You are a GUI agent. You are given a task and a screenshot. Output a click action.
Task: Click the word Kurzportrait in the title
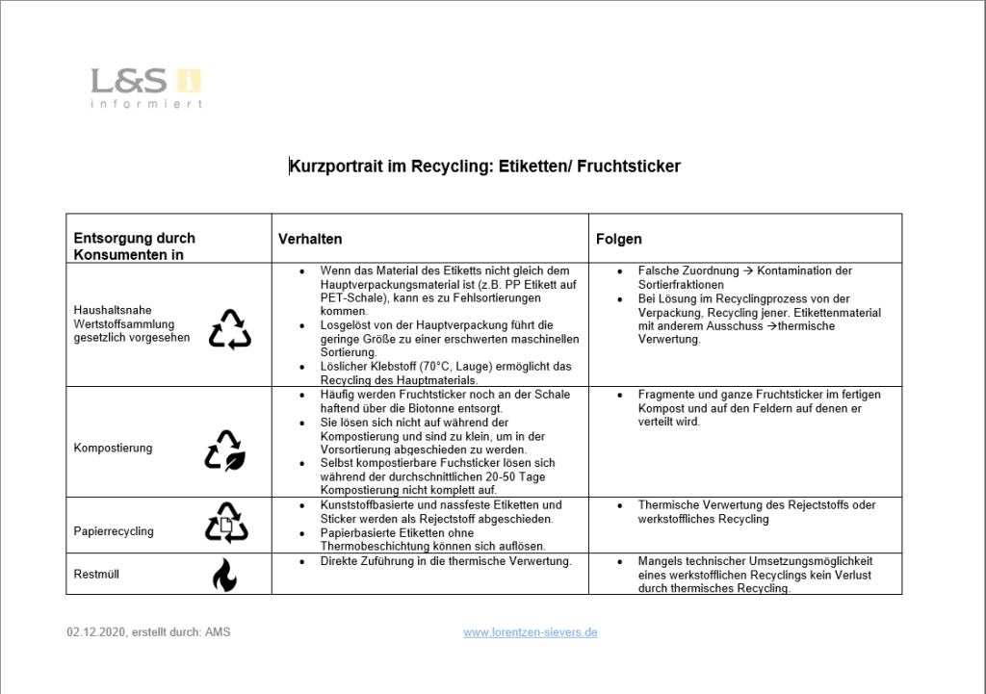(x=335, y=167)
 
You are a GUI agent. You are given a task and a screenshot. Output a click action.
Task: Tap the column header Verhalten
(x=310, y=239)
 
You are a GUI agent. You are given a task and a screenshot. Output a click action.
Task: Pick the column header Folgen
(x=618, y=239)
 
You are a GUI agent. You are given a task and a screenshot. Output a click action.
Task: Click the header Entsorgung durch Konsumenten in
(x=135, y=246)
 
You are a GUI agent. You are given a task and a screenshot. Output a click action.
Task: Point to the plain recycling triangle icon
(x=229, y=329)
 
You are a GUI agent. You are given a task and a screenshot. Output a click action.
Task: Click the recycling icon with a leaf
(x=225, y=450)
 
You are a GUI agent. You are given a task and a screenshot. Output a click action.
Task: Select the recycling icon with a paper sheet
(x=226, y=523)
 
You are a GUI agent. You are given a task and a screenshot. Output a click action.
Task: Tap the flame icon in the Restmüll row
(x=224, y=576)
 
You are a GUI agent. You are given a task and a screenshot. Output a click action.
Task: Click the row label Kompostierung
(x=113, y=449)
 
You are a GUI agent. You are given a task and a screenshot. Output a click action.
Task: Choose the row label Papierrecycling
(x=114, y=531)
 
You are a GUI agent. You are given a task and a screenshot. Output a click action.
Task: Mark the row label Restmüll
(x=96, y=575)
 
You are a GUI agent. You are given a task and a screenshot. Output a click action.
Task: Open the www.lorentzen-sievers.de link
(x=531, y=632)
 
